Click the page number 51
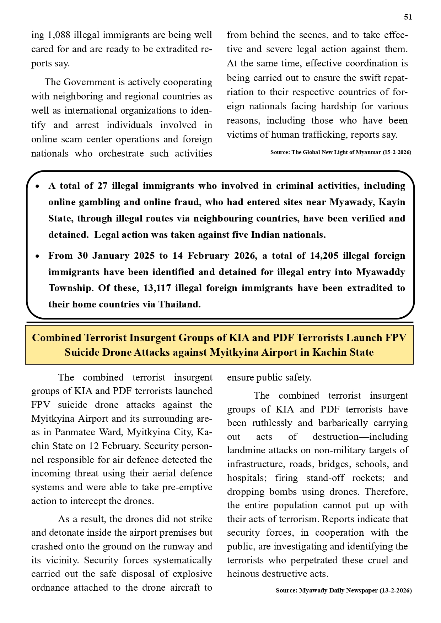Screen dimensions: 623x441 tap(408, 17)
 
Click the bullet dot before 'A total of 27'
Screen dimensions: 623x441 tap(38, 186)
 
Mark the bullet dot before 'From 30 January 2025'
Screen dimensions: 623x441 tap(38, 256)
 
